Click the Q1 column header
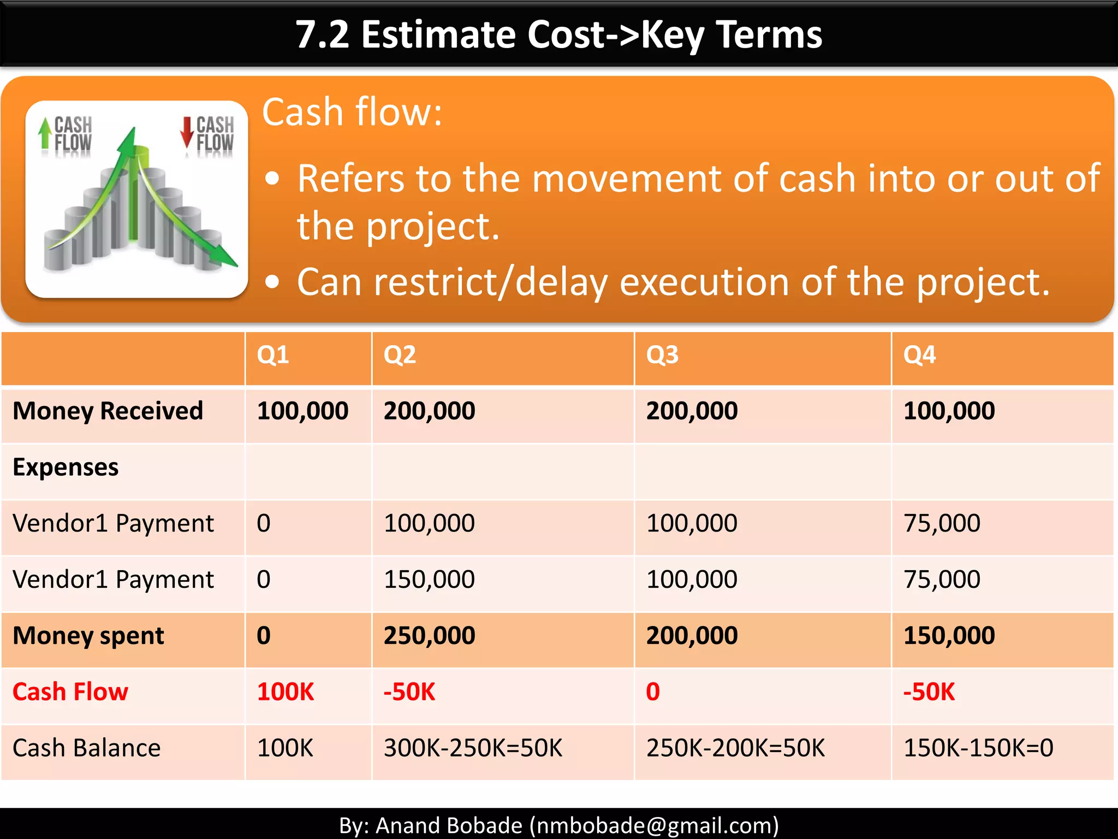pos(273,355)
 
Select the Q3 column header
pos(662,355)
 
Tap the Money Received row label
pos(108,411)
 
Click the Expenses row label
pos(66,467)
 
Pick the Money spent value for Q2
pos(429,635)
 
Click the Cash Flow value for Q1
pos(286,692)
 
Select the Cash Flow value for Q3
pos(653,692)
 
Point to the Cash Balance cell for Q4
pos(978,748)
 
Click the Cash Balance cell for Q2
pos(473,748)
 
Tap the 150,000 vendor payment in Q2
pos(429,579)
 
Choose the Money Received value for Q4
pos(949,411)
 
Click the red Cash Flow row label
pos(70,692)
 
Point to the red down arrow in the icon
pos(187,132)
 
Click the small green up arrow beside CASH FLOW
pos(45,133)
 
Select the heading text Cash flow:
pos(352,112)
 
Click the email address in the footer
pos(654,825)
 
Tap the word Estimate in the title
pos(438,34)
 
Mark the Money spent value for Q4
pos(949,635)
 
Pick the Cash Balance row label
pos(86,748)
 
